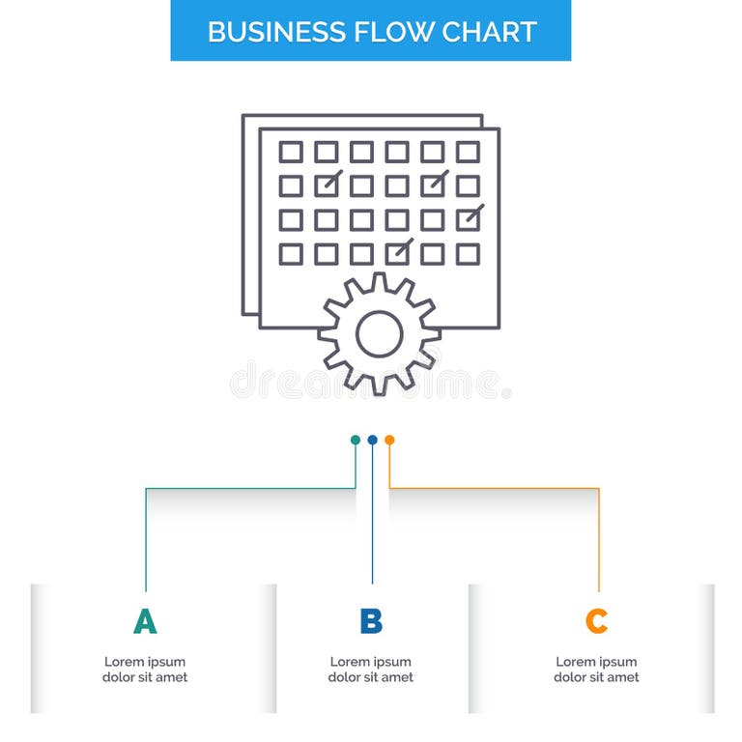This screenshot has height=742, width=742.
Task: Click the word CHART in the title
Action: [x=489, y=31]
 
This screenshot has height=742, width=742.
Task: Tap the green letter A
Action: [x=145, y=621]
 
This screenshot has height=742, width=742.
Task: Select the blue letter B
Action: [x=371, y=621]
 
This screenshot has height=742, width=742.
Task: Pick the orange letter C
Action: [x=596, y=621]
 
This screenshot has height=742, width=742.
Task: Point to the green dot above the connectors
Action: [x=356, y=440]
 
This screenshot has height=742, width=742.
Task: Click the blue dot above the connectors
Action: [x=372, y=440]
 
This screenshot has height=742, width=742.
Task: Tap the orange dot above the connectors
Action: [x=389, y=440]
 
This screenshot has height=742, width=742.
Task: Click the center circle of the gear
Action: [x=379, y=333]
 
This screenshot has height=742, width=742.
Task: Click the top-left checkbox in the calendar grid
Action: [x=291, y=152]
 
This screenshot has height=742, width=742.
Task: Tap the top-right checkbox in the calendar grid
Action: [x=468, y=152]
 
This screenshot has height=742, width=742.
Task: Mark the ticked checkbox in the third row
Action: [x=468, y=219]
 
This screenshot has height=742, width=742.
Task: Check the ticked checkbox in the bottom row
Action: [x=397, y=253]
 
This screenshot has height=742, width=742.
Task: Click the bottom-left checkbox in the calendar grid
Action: [x=291, y=253]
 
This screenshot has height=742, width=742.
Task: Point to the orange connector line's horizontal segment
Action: [x=493, y=488]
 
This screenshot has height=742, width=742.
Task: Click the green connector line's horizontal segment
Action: [x=251, y=488]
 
